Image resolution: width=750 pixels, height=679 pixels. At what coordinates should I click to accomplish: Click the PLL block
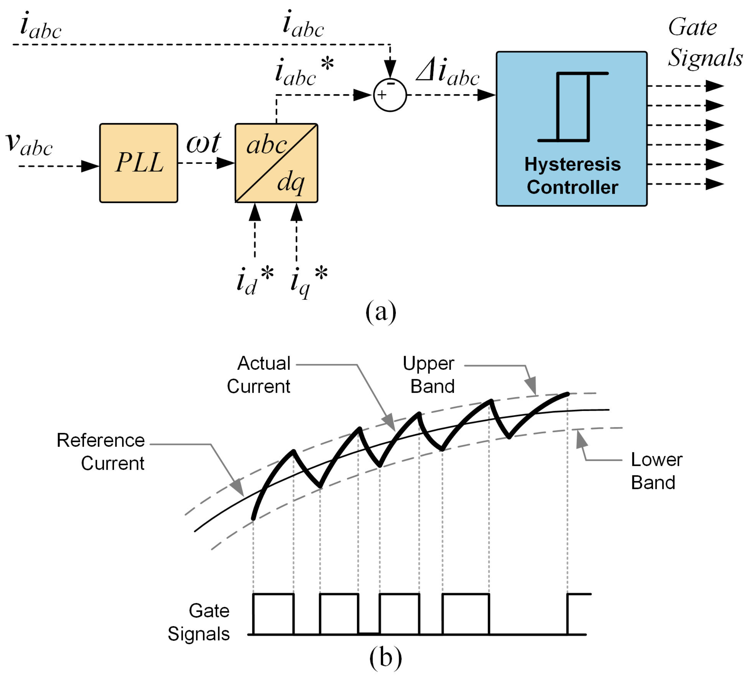click(x=139, y=163)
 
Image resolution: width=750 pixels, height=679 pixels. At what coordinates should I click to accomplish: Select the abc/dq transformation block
click(x=276, y=163)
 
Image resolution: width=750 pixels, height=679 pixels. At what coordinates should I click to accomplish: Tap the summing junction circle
click(x=390, y=95)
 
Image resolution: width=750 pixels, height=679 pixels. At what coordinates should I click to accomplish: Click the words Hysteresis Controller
click(x=572, y=175)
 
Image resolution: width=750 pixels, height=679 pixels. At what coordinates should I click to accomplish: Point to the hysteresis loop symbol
click(x=573, y=107)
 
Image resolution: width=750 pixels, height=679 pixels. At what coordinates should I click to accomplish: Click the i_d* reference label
click(x=255, y=281)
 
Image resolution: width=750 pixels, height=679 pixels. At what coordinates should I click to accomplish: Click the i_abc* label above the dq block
click(x=304, y=71)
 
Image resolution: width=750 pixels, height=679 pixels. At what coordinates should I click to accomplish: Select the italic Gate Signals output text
click(x=705, y=42)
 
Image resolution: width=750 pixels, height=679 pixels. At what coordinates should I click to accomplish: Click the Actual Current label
click(x=259, y=375)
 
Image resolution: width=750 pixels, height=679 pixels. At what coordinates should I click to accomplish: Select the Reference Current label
click(x=101, y=452)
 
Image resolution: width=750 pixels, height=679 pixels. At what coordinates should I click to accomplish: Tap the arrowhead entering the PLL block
click(x=90, y=166)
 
